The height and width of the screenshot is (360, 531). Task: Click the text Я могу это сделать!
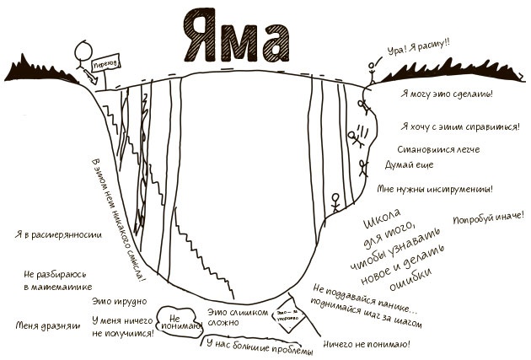tap(447, 94)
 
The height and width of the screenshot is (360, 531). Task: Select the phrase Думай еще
tap(410, 165)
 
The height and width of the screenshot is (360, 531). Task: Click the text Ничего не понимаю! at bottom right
tap(366, 345)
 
